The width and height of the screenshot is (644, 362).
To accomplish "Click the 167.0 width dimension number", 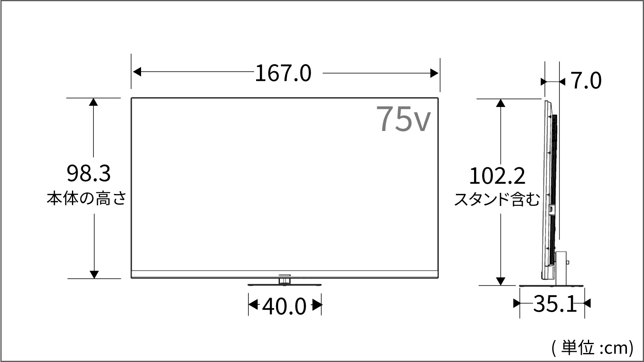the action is (x=283, y=73).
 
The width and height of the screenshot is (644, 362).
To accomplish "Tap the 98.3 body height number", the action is (x=89, y=173).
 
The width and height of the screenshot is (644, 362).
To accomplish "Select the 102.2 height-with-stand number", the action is (x=497, y=176).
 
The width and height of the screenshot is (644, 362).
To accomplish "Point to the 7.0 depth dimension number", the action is (x=585, y=80).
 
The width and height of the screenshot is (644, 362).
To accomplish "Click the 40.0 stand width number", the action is (x=284, y=307).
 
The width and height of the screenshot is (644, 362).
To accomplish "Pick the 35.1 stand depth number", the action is (x=555, y=303).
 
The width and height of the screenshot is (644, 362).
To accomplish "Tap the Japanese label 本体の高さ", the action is (x=87, y=198).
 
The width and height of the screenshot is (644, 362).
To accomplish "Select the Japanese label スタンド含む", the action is (x=497, y=199).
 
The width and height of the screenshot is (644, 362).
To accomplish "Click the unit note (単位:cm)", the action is (x=592, y=348).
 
